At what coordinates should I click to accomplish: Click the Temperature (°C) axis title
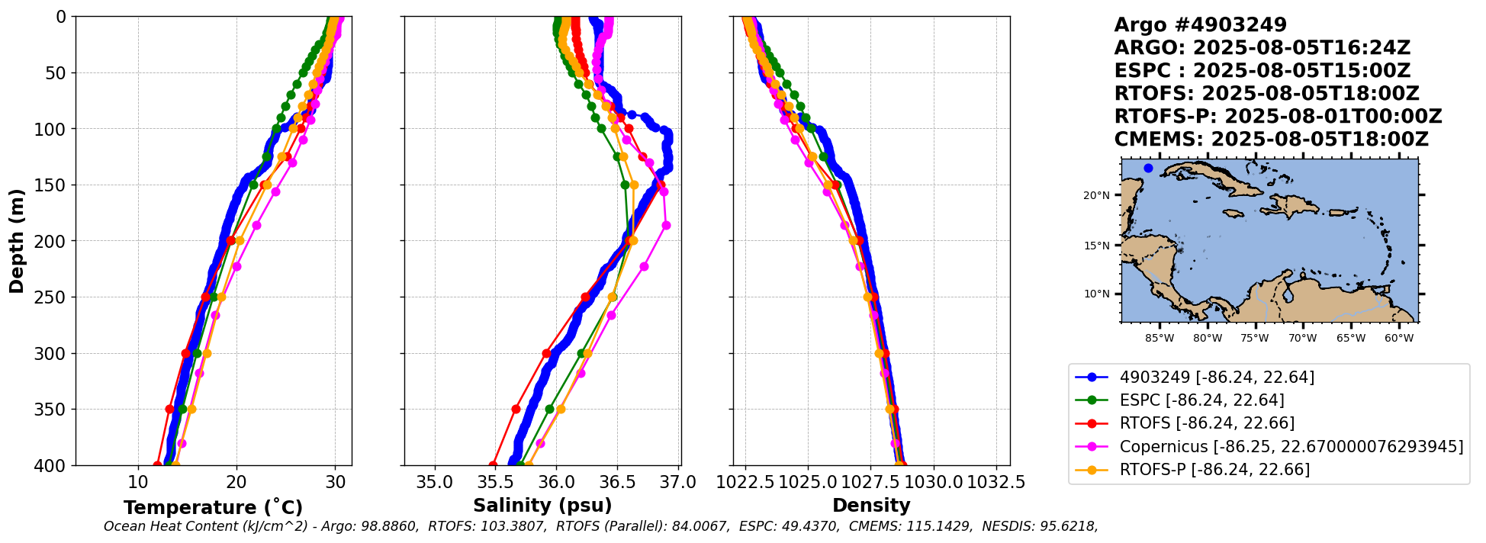coord(213,508)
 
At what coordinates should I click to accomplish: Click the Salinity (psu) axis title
coord(542,506)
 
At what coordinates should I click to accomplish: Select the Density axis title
coord(871,506)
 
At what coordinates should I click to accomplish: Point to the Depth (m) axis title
coord(17,241)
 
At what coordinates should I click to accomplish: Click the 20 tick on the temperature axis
coord(236,483)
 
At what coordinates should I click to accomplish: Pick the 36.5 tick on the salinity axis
coord(617,483)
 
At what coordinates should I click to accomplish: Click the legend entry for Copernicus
coord(1291,446)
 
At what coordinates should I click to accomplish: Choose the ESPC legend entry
coord(1201,400)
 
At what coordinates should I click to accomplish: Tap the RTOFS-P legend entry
coord(1214,469)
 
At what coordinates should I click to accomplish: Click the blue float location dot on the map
coord(1148,168)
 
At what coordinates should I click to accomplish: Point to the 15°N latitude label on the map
coord(1096,246)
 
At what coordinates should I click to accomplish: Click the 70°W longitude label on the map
coord(1303,339)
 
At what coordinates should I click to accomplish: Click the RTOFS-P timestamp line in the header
coord(1278,117)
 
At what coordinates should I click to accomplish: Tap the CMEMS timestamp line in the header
coord(1271,140)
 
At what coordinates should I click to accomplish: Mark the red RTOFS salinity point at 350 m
coord(516,410)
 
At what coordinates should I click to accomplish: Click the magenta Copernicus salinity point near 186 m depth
coord(666,225)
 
